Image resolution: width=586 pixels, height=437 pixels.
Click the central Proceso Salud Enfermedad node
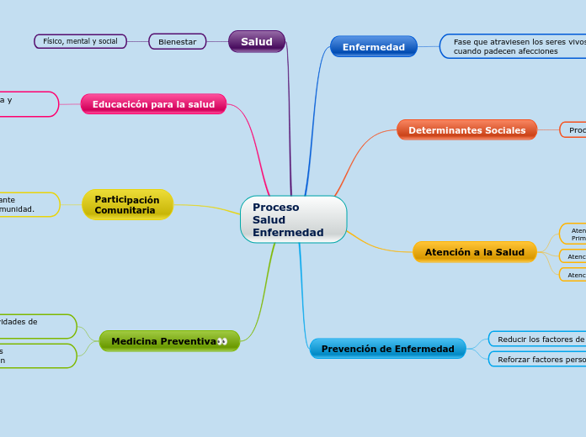pos(293,219)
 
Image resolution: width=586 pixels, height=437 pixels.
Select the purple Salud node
pos(257,41)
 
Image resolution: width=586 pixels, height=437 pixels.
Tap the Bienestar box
pos(177,41)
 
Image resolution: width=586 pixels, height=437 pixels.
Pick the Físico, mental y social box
pos(80,41)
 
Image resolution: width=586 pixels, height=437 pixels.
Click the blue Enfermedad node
pos(373,47)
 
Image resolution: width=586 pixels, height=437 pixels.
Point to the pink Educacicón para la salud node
pos(153,104)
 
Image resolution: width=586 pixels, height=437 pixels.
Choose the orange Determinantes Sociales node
pos(466,130)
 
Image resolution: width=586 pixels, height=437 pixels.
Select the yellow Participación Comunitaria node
pos(127,204)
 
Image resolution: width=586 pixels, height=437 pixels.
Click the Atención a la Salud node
pos(474,252)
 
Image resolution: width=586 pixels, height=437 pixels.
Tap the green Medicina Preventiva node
pos(163,341)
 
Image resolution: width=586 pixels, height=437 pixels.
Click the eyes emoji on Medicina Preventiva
pos(222,341)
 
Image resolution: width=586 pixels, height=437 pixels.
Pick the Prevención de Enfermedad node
pos(387,349)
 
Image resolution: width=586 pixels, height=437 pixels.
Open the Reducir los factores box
pos(539,339)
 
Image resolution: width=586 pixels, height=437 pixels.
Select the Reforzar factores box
pos(539,359)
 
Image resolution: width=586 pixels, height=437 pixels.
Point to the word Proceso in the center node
pos(275,207)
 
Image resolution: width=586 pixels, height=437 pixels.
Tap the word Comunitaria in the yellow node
pos(125,210)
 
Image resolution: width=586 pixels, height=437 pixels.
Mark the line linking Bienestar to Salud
pos(217,41)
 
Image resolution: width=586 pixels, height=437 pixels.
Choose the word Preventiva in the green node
pos(189,341)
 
